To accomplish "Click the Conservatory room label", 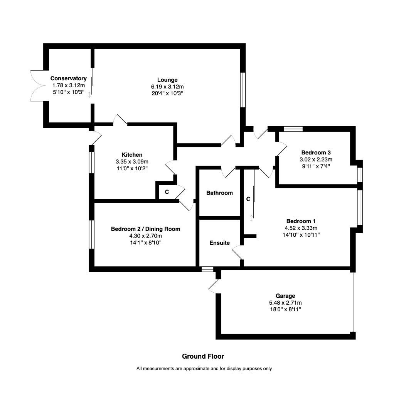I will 68,78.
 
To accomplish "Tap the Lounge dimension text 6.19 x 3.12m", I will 167,87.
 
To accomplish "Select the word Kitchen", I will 132,155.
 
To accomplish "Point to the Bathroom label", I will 219,193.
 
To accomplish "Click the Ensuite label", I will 219,243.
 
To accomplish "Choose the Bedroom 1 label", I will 301,221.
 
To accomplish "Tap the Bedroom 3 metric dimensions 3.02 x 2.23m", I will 316,159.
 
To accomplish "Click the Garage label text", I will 285,296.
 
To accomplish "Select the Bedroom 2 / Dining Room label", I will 145,229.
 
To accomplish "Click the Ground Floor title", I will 203,356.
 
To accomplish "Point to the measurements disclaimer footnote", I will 204,369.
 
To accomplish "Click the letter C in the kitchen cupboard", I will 167,192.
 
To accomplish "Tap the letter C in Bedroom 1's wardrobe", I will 248,199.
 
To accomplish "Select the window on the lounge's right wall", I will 243,90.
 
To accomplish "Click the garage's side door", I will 214,286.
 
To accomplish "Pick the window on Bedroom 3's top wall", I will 293,129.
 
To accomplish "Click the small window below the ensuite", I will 207,269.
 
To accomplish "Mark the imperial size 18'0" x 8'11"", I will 285,309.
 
